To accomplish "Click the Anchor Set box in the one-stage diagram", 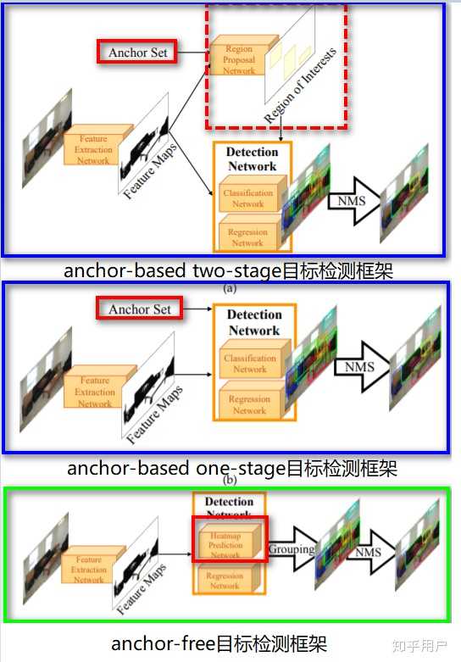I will pos(139,309).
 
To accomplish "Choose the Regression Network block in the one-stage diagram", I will pos(250,403).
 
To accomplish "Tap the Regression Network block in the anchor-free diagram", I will pos(225,581).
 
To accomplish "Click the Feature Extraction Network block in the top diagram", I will pos(95,149).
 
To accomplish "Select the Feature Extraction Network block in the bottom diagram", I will pos(89,569).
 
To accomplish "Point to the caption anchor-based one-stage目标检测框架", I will pos(231,468).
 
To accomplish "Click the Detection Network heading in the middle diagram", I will pos(253,323).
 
